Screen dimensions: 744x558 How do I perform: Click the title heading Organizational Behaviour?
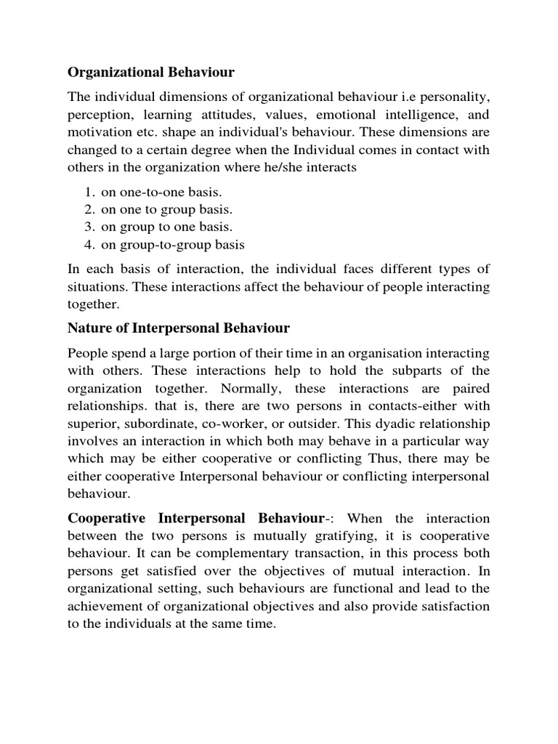(151, 73)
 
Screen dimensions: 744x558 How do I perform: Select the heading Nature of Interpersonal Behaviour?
(178, 328)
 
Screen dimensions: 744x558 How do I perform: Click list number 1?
(89, 192)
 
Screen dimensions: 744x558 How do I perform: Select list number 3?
(89, 227)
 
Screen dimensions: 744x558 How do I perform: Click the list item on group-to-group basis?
(173, 244)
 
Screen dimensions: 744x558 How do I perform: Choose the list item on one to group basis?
(167, 209)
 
